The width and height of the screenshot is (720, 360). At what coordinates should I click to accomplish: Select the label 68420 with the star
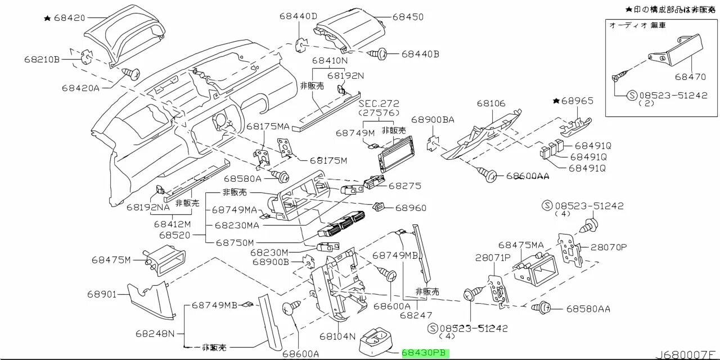click(x=69, y=18)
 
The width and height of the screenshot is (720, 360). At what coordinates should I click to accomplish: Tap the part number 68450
click(x=408, y=17)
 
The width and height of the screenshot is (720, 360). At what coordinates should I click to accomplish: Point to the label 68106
click(x=491, y=103)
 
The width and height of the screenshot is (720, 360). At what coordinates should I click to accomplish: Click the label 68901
click(x=101, y=294)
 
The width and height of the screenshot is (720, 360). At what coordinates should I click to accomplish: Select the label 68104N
click(x=337, y=336)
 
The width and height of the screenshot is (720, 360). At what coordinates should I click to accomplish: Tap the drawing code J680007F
click(x=687, y=354)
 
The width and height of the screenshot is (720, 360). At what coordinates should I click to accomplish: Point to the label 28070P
click(x=607, y=247)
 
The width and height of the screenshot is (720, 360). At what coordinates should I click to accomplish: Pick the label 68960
click(x=411, y=208)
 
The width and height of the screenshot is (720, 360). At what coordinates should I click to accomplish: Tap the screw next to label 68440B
click(x=378, y=54)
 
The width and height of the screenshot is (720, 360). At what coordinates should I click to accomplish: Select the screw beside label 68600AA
click(x=488, y=175)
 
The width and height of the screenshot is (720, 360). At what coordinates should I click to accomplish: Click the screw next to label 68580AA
click(x=545, y=308)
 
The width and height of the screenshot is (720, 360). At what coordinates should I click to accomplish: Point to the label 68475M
click(x=111, y=260)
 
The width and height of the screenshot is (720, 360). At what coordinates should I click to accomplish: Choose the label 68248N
click(x=155, y=333)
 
